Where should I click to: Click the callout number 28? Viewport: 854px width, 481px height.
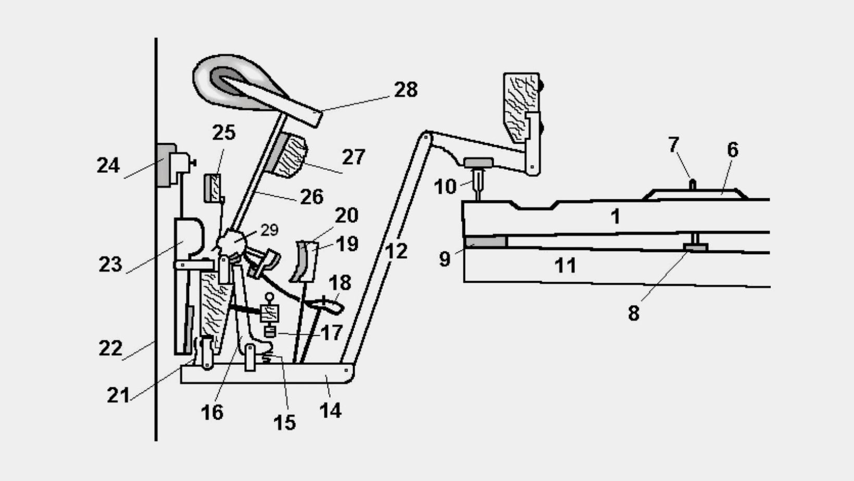[x=406, y=90]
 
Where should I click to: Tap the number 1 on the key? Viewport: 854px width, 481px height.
[x=616, y=217]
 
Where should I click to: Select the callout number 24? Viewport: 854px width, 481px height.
[x=108, y=166]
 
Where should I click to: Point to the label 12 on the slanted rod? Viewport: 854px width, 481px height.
[x=396, y=251]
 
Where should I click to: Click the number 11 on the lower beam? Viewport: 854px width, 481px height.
[x=565, y=265]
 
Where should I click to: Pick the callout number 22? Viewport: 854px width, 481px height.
[x=110, y=348]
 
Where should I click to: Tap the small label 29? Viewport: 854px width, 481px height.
[x=270, y=230]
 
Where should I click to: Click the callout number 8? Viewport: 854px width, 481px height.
[x=634, y=313]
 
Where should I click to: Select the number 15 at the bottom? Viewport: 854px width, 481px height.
[x=284, y=422]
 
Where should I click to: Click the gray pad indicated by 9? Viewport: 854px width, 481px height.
[x=486, y=242]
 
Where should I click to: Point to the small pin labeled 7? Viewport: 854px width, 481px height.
[x=693, y=184]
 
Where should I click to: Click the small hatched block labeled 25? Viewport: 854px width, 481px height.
[x=213, y=188]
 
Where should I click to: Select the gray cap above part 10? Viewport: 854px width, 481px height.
[x=479, y=163]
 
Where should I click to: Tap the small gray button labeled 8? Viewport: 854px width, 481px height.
[x=695, y=247]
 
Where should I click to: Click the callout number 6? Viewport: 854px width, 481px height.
[x=732, y=150]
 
